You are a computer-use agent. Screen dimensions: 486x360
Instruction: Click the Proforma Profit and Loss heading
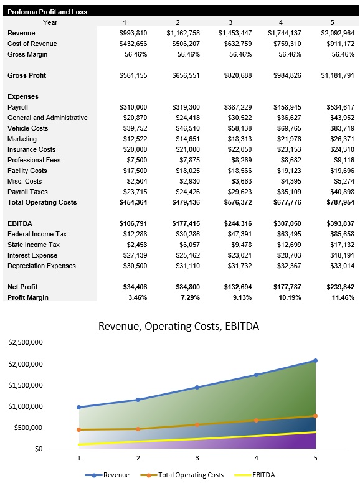pos(47,12)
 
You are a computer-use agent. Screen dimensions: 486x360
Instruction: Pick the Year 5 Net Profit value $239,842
pos(338,287)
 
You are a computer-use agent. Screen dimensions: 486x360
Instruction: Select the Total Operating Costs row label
pos(42,202)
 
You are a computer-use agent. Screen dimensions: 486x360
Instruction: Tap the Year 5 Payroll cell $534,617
pos(338,107)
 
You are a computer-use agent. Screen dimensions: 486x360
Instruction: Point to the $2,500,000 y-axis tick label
pos(25,343)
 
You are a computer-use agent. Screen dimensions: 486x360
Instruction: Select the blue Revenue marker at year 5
pos(316,361)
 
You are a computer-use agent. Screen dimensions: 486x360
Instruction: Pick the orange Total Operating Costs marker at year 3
pos(197,425)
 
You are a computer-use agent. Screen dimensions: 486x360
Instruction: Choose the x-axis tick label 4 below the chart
pos(257,458)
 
